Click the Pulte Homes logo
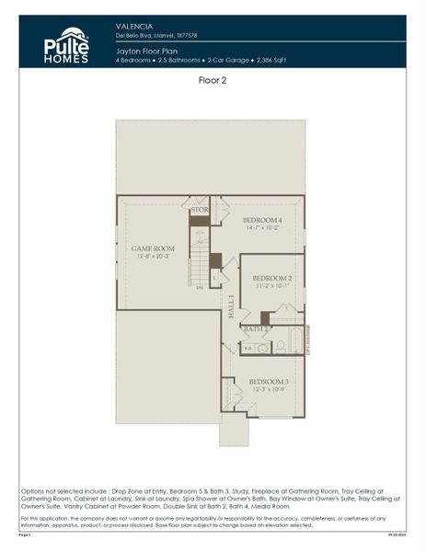(x=66, y=44)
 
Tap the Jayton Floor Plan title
(x=147, y=52)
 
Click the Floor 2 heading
(x=213, y=81)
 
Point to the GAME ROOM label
(x=153, y=248)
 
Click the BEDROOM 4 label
(x=262, y=221)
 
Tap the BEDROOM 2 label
(x=272, y=278)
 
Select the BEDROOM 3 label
(x=269, y=381)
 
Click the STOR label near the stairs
(x=200, y=210)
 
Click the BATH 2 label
(x=257, y=328)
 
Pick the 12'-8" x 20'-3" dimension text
(x=153, y=256)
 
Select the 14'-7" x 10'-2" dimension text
(x=262, y=228)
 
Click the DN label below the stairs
(x=200, y=288)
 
